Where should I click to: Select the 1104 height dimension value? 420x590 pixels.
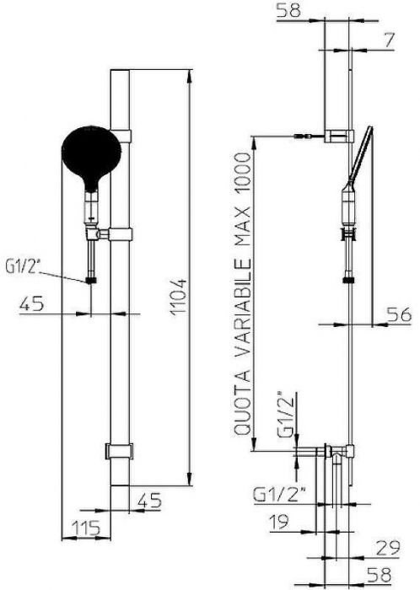178,298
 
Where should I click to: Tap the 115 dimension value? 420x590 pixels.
86,528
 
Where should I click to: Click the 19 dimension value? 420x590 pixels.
279,521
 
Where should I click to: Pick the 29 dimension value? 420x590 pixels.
388,548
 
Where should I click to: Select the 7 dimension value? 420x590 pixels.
389,40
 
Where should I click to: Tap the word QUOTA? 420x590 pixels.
242,402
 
